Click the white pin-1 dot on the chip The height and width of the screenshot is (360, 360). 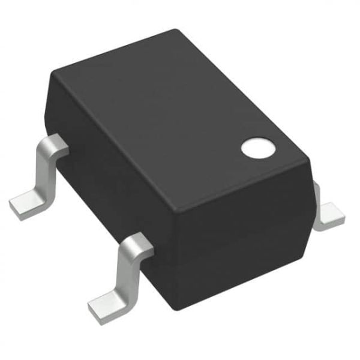click(257, 146)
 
